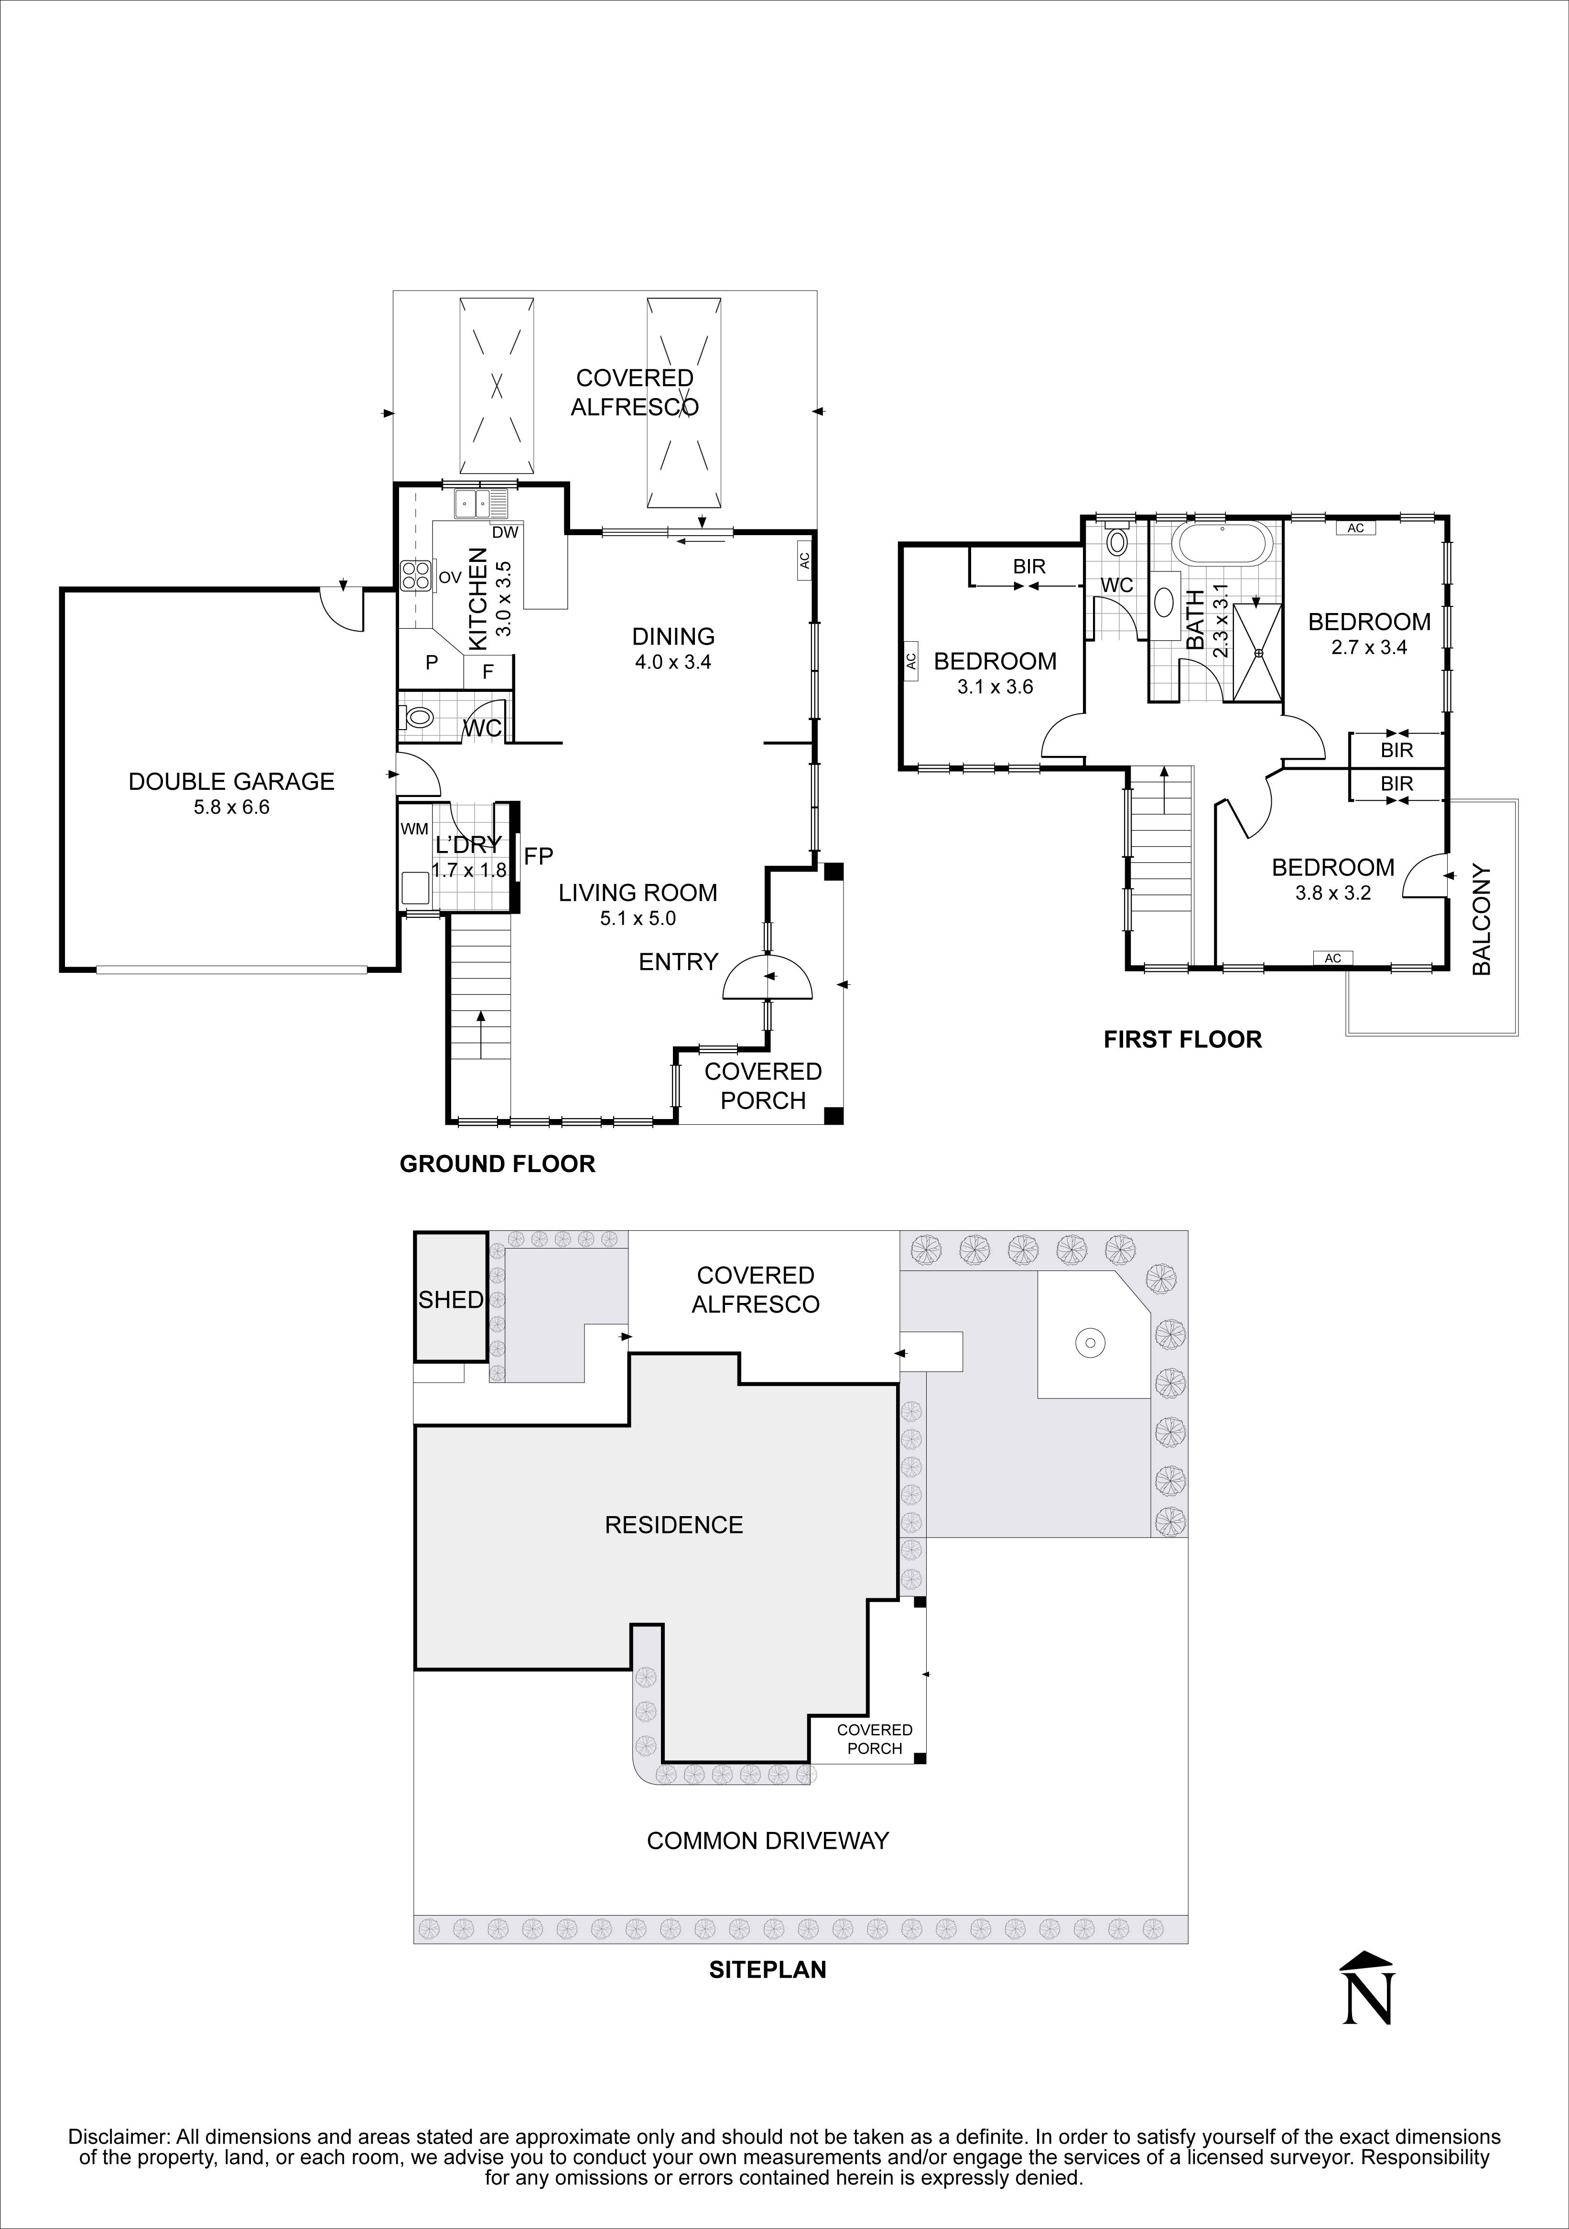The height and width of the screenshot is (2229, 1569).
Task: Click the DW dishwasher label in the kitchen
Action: pyautogui.click(x=505, y=532)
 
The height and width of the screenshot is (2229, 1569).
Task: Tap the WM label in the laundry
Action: pyautogui.click(x=414, y=829)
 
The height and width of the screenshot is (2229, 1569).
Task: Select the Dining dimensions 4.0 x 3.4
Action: pyautogui.click(x=673, y=663)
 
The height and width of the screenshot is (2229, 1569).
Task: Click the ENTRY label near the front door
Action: pyautogui.click(x=678, y=961)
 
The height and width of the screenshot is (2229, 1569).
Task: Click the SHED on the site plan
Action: pyautogui.click(x=451, y=1299)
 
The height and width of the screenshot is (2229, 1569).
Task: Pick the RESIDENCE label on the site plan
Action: pyautogui.click(x=674, y=1525)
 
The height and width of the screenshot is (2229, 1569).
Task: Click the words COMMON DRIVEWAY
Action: pyautogui.click(x=767, y=1841)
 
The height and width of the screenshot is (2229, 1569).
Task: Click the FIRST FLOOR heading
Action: pyautogui.click(x=1181, y=1040)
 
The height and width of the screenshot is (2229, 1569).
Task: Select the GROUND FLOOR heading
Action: pyautogui.click(x=497, y=1164)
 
